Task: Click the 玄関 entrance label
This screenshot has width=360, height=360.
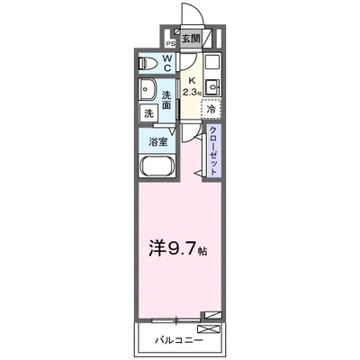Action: coord(190,39)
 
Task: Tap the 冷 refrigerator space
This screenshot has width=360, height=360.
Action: coord(211,109)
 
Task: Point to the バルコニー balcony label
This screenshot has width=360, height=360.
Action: coord(177,341)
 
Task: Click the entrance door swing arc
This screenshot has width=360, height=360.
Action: coord(192,13)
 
